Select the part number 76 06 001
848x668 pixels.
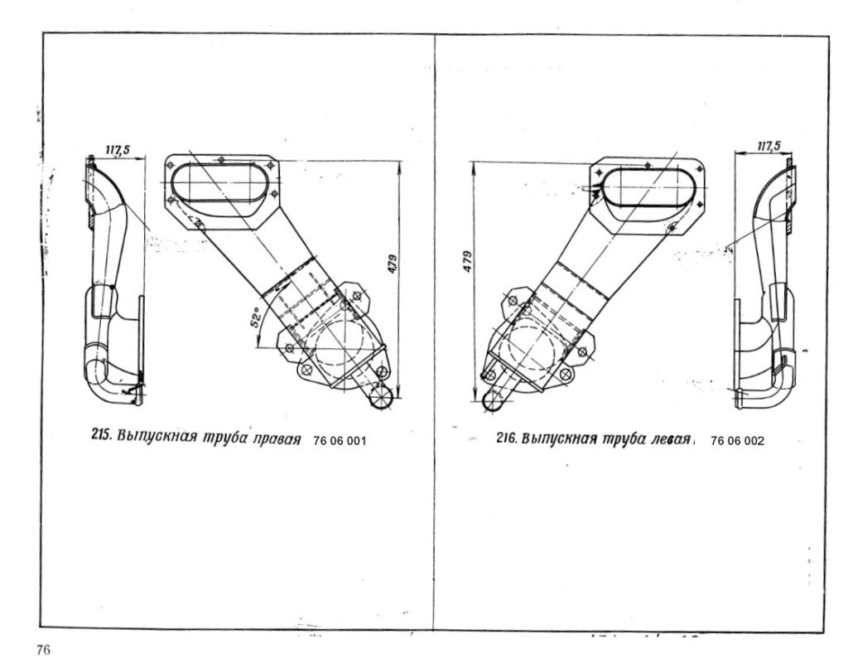click(340, 441)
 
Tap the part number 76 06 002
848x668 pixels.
click(737, 441)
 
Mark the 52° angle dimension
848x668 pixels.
click(255, 320)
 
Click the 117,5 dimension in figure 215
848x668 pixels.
click(117, 149)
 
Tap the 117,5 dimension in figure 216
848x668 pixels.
click(768, 146)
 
